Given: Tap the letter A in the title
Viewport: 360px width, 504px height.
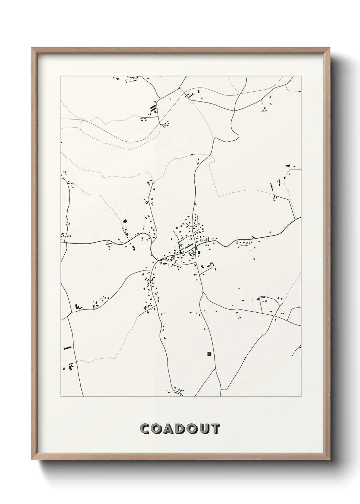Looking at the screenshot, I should pyautogui.click(x=169, y=429).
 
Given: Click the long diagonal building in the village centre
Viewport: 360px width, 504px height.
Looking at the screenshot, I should pyautogui.click(x=189, y=246).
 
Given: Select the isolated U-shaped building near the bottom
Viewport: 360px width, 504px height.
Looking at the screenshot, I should pyautogui.click(x=209, y=354).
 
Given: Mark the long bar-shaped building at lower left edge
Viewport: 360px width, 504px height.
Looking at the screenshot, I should pyautogui.click(x=67, y=348).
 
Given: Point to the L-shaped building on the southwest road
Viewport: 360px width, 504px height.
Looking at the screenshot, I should pyautogui.click(x=79, y=306).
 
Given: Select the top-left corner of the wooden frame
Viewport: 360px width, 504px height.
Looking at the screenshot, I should pyautogui.click(x=32, y=48).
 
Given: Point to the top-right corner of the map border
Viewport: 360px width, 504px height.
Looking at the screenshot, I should pyautogui.click(x=301, y=76).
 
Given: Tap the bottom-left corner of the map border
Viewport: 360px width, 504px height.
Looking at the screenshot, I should pyautogui.click(x=61, y=397).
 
